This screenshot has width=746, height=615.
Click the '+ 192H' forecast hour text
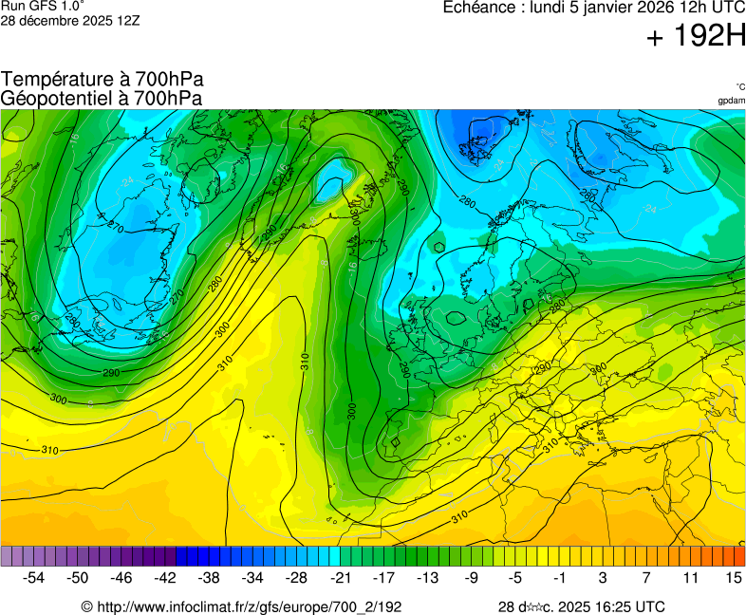[x=696, y=37]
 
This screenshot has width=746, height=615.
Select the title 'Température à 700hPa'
[x=102, y=80]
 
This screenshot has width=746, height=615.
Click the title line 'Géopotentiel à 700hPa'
[x=102, y=98]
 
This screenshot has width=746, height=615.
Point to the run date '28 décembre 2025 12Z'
[x=69, y=20]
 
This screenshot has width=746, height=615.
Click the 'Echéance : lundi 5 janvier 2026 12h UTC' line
[x=594, y=8]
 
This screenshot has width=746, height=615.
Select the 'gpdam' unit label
[x=731, y=101]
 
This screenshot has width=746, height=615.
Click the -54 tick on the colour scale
[x=34, y=577]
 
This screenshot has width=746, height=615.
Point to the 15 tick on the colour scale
[x=733, y=577]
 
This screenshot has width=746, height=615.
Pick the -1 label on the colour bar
[x=560, y=577]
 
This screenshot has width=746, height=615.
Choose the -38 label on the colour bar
[x=209, y=577]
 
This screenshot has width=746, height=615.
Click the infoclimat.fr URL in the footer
[x=241, y=606]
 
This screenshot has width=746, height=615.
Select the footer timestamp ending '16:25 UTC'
[x=581, y=606]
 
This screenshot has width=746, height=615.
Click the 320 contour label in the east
[x=598, y=368]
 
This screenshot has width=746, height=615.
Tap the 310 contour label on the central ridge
[x=306, y=362]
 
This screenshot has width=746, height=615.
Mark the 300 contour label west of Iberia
[x=351, y=410]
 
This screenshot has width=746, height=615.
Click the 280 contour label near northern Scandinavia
[x=466, y=201]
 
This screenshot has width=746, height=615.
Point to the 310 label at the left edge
[x=49, y=449]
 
